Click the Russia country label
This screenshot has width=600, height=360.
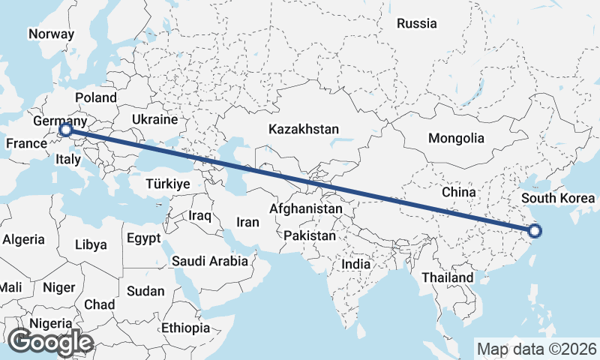[416, 23]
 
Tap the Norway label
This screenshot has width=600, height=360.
[51, 34]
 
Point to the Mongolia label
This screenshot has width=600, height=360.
[456, 138]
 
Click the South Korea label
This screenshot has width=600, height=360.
[558, 199]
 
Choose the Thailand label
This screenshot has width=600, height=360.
[447, 277]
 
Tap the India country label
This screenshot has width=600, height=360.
[355, 264]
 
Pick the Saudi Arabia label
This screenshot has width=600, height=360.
[209, 261]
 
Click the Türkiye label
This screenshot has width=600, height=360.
[168, 184]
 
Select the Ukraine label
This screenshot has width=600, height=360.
[154, 119]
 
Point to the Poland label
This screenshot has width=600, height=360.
[96, 97]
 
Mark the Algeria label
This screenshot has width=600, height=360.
[23, 239]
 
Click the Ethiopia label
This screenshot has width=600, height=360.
[185, 328]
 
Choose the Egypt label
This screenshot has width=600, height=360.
[143, 238]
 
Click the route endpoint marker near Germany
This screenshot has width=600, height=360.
[65, 130]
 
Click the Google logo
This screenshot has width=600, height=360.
[51, 342]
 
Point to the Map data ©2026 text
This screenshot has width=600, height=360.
[536, 349]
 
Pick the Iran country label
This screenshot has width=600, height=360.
[247, 222]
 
